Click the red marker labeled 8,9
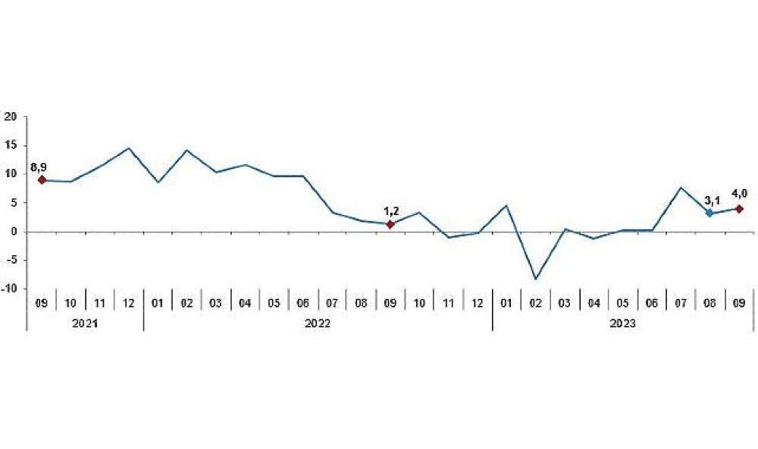click(42, 180)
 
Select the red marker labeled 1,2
click(390, 224)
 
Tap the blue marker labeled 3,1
click(709, 214)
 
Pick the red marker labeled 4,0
click(739, 209)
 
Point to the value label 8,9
click(39, 166)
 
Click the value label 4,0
click(739, 193)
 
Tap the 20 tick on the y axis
click(11, 117)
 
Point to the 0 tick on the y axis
click(14, 232)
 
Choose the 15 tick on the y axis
click(11, 145)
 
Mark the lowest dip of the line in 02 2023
click(536, 279)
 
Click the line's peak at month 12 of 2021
click(129, 148)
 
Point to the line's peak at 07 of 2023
click(681, 188)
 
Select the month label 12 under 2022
click(478, 303)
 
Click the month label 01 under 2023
click(507, 303)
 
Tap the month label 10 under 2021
click(70, 303)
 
